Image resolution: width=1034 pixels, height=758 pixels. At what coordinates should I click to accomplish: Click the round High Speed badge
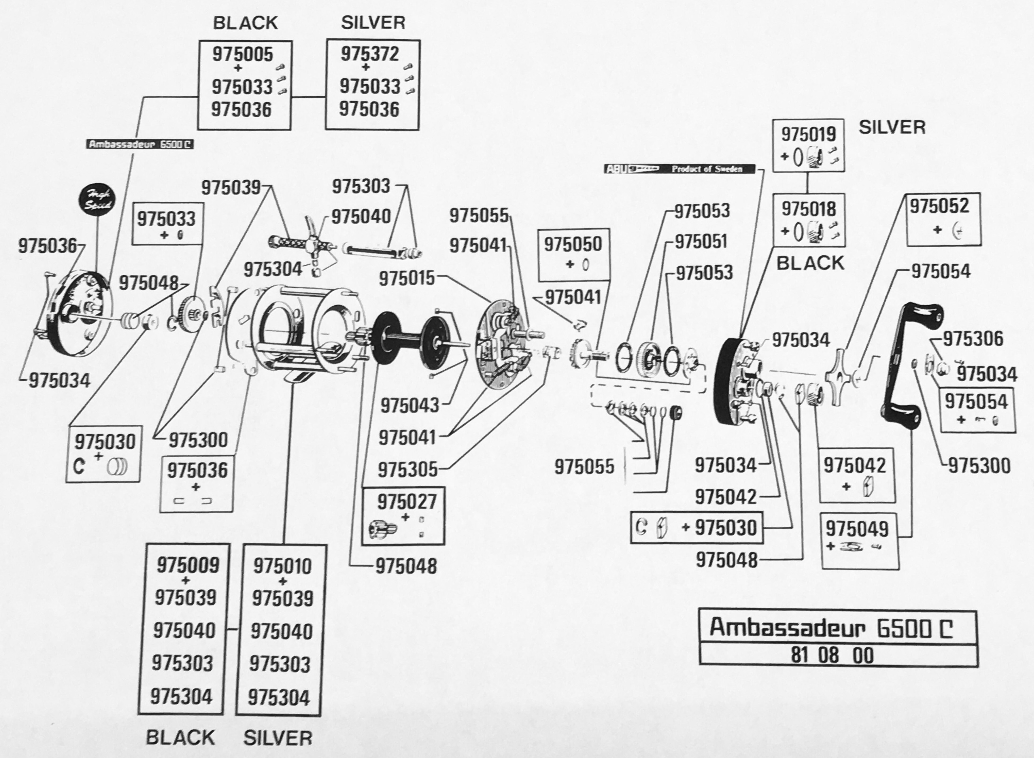pyautogui.click(x=97, y=200)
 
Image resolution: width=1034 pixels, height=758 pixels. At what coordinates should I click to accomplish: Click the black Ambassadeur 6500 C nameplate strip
pyautogui.click(x=140, y=145)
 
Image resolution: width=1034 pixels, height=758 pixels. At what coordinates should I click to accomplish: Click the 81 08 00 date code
pyautogui.click(x=832, y=655)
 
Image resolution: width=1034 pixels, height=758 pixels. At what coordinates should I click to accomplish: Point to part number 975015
pyautogui.click(x=406, y=278)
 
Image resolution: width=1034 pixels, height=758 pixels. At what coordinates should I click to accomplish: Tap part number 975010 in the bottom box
pyautogui.click(x=282, y=566)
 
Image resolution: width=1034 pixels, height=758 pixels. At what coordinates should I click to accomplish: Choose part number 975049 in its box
pyautogui.click(x=857, y=529)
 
